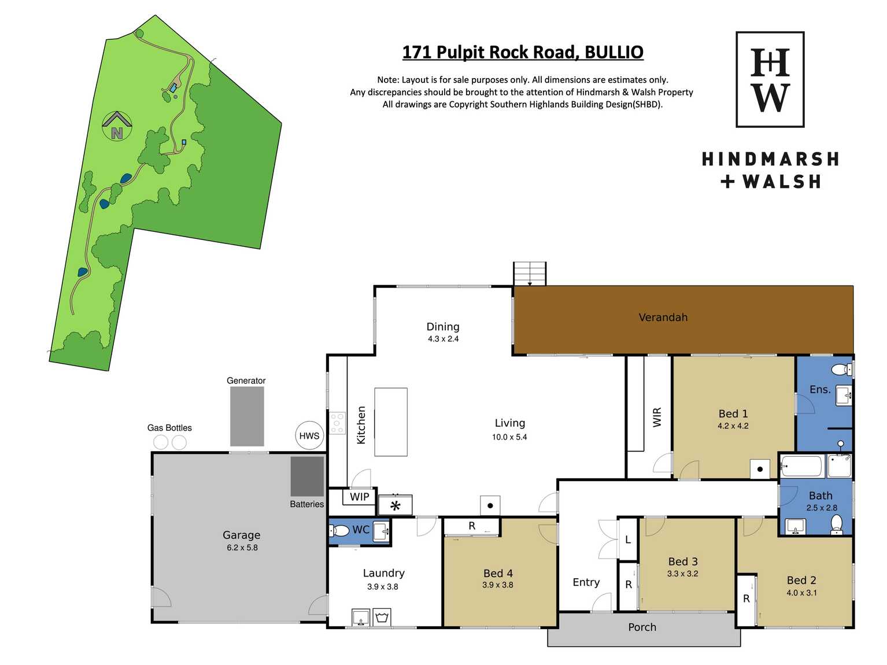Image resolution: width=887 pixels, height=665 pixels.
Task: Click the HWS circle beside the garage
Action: (x=309, y=435)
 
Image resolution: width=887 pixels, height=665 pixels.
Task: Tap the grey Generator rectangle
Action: (x=247, y=416)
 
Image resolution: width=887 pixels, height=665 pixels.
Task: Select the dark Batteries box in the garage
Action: (x=307, y=476)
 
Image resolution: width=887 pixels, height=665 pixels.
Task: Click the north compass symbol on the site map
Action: (x=117, y=126)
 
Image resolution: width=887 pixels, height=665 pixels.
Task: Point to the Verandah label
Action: (x=663, y=317)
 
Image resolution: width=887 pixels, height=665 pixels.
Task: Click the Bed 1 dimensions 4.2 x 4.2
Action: (x=733, y=426)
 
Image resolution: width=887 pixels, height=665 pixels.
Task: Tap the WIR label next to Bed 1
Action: (x=657, y=417)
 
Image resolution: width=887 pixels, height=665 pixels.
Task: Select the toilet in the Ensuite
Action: (x=842, y=370)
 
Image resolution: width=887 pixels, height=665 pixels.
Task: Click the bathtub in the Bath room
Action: (x=801, y=467)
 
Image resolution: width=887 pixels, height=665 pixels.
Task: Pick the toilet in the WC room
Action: (x=339, y=530)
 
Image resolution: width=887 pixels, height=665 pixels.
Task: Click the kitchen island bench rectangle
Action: (x=391, y=422)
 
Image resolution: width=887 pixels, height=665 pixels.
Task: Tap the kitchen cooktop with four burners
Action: (x=338, y=423)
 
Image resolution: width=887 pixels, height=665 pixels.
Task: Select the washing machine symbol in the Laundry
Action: (x=382, y=618)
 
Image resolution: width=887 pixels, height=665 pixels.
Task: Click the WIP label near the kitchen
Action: (x=359, y=496)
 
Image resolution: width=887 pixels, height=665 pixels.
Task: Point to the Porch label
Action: (x=642, y=627)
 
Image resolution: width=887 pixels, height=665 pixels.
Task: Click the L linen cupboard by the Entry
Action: (x=628, y=540)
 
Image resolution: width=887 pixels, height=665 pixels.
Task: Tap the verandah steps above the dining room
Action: (x=530, y=274)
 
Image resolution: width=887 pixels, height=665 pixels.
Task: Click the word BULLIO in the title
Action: (x=614, y=52)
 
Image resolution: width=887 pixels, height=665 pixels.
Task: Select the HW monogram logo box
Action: (x=770, y=79)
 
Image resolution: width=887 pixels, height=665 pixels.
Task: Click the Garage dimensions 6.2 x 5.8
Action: (x=242, y=548)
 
